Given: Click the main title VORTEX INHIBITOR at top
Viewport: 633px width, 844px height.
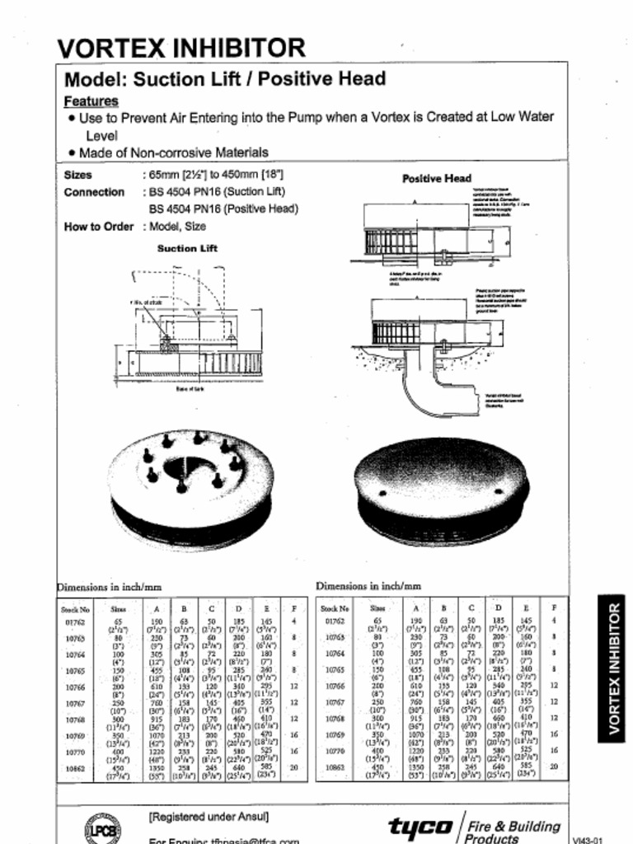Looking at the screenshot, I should pyautogui.click(x=181, y=48).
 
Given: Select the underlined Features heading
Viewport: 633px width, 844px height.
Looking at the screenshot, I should pyautogui.click(x=91, y=101).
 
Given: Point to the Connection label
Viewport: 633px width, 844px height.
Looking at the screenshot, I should pyautogui.click(x=94, y=192).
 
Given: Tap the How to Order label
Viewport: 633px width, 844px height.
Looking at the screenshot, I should pyautogui.click(x=98, y=227).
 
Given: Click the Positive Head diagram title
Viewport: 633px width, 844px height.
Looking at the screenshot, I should pyautogui.click(x=436, y=178).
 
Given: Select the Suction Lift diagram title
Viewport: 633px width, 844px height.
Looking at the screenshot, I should pyautogui.click(x=187, y=248).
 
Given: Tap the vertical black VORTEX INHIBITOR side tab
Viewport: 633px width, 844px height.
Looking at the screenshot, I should pyautogui.click(x=614, y=668).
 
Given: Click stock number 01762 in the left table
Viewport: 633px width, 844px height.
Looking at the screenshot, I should pyautogui.click(x=74, y=621).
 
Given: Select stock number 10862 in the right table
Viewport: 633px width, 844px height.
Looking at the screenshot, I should pyautogui.click(x=334, y=767).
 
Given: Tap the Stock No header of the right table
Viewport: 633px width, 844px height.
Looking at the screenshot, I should pyautogui.click(x=334, y=608).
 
